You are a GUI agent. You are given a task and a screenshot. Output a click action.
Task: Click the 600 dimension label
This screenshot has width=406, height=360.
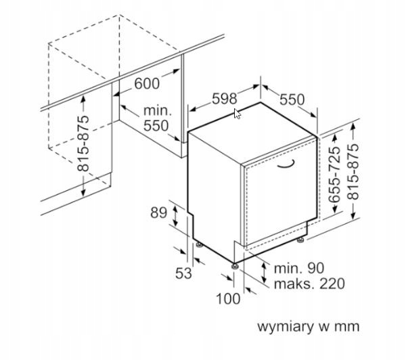147,83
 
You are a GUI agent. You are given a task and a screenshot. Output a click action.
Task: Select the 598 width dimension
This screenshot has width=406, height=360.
224,98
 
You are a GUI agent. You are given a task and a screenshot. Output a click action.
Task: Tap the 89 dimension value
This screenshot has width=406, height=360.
159,213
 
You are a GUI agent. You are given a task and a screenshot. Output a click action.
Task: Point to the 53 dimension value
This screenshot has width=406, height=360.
183,273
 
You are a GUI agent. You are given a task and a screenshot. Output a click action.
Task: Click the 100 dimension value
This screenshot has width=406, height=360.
228,298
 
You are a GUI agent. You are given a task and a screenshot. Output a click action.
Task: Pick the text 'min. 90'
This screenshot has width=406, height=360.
299,268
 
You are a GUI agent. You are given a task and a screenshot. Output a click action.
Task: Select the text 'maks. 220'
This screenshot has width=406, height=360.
309,284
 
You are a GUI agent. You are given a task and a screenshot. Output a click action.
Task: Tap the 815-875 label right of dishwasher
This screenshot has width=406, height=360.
353,172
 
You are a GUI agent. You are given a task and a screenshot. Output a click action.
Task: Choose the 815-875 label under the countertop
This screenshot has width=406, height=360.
83,143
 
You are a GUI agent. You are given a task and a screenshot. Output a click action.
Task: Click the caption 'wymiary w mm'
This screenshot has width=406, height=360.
309,326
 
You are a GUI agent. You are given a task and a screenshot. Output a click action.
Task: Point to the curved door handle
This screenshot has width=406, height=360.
286,165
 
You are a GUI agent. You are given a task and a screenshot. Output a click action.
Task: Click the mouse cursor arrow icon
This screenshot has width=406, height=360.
237,114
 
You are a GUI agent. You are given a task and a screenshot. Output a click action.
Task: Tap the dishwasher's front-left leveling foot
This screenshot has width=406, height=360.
235,266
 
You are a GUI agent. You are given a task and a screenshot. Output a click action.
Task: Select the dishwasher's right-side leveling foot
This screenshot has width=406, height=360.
300,240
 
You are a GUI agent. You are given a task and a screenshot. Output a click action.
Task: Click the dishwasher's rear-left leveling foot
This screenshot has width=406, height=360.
200,244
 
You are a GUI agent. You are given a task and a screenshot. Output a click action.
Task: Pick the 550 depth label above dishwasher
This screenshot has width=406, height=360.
292,99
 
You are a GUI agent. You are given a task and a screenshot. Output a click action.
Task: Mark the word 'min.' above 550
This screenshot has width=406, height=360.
158,111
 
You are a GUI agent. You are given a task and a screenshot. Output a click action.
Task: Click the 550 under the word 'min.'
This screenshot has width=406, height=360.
156,126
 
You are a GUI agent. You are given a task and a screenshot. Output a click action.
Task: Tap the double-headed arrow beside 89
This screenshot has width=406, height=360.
175,215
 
